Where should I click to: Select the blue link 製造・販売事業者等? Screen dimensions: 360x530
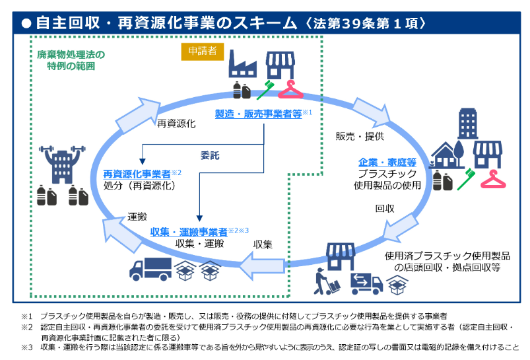258,113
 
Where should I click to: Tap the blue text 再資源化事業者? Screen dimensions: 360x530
137,174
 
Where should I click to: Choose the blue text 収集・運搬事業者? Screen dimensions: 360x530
189,231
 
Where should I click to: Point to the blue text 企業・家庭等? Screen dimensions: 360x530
387,162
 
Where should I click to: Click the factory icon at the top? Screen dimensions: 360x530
242,65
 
